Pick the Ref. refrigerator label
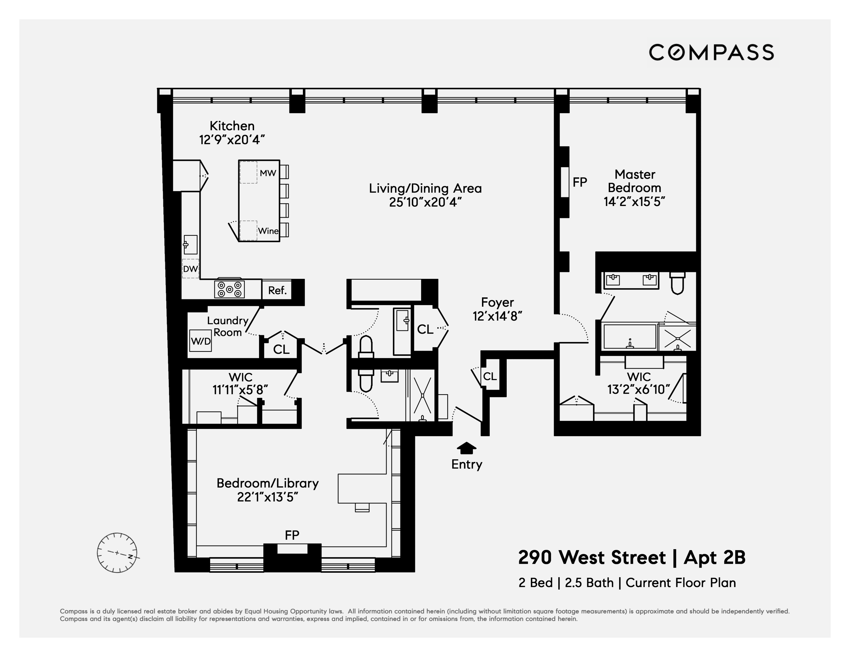[277, 290]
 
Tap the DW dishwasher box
[190, 268]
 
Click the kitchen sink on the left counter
[190, 245]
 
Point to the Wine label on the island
[268, 231]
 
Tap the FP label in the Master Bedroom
[580, 182]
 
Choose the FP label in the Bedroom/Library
[292, 535]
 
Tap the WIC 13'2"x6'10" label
[638, 383]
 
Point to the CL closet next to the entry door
[490, 376]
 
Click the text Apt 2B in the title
[714, 557]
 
